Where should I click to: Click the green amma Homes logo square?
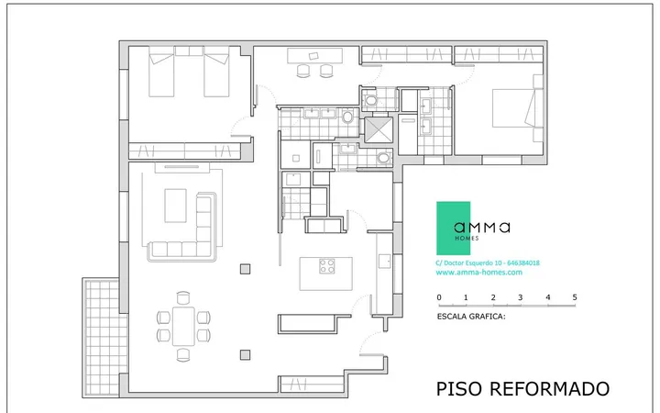click(x=453, y=228)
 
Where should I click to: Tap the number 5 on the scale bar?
click(x=575, y=297)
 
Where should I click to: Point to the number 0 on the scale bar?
click(x=439, y=297)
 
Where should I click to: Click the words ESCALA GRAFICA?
click(x=471, y=317)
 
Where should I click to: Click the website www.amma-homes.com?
click(x=479, y=273)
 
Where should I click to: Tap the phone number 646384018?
click(x=523, y=263)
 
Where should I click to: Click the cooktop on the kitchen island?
click(x=326, y=266)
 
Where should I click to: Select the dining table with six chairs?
click(x=183, y=326)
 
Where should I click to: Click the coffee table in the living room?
click(x=175, y=206)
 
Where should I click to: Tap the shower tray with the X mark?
click(x=379, y=129)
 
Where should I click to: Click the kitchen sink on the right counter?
click(x=384, y=261)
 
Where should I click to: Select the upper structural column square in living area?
click(x=245, y=269)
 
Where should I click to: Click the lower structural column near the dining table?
click(x=245, y=355)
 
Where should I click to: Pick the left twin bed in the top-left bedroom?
click(x=161, y=72)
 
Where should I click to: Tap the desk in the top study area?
click(x=314, y=56)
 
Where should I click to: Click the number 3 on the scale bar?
click(x=521, y=297)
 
